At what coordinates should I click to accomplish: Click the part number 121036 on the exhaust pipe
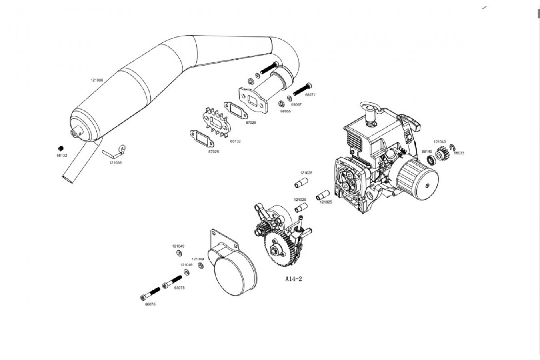(97, 80)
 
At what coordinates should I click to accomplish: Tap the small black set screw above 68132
(61, 148)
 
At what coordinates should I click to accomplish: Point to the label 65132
(235, 141)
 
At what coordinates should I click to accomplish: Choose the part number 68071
(310, 95)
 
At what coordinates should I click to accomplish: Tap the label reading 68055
(286, 111)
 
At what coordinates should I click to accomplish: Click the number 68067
(296, 105)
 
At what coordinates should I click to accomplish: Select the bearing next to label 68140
(431, 160)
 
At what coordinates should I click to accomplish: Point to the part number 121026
(300, 200)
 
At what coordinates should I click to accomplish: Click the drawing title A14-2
(294, 279)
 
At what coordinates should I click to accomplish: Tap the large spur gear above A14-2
(280, 248)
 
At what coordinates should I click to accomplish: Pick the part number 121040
(440, 142)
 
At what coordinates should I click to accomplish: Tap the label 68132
(62, 156)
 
